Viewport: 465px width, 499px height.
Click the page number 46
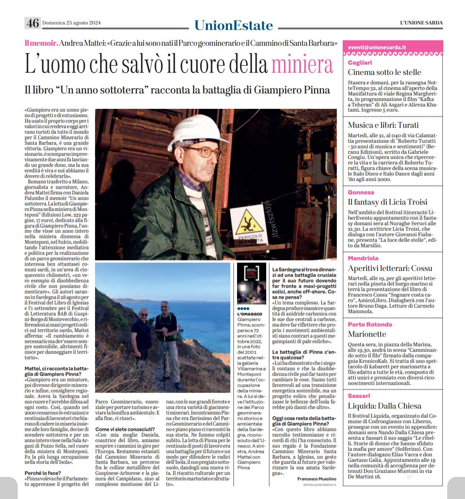[x=32, y=23]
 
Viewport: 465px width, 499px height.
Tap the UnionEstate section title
[x=233, y=25]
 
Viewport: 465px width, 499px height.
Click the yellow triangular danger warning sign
[x=247, y=223]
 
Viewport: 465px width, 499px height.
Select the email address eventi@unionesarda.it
[x=377, y=47]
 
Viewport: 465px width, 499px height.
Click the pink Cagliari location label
[x=360, y=63]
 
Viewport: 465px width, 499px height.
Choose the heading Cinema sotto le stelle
[x=384, y=72]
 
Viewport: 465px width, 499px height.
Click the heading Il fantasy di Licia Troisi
[x=387, y=202]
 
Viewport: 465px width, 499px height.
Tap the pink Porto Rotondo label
[x=370, y=324]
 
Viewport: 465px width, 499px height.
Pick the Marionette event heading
[x=367, y=334]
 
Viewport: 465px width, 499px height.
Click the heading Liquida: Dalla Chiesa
[x=385, y=406]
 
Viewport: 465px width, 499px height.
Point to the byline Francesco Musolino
[x=317, y=479]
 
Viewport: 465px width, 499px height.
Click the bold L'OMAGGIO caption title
[x=249, y=314]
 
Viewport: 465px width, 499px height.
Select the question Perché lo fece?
[x=43, y=473]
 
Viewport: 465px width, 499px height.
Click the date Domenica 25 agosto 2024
[x=71, y=23]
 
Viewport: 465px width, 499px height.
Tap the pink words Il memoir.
[x=41, y=43]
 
